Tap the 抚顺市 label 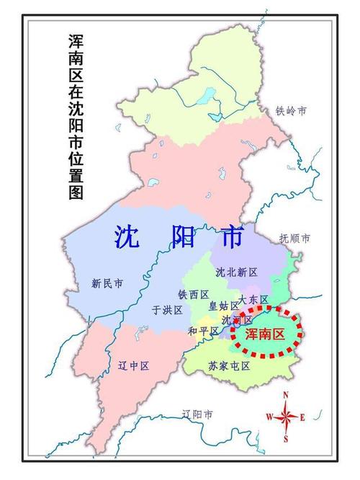point(294,238)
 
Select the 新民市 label point(107,283)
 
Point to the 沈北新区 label point(236,272)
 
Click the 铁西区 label point(193,295)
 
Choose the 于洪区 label point(166,310)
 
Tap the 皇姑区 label point(223,306)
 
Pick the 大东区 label point(253,299)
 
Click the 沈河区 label point(237,319)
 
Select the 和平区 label point(202,331)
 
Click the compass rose point(286,417)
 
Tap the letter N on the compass point(286,395)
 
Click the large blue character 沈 point(127,236)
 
